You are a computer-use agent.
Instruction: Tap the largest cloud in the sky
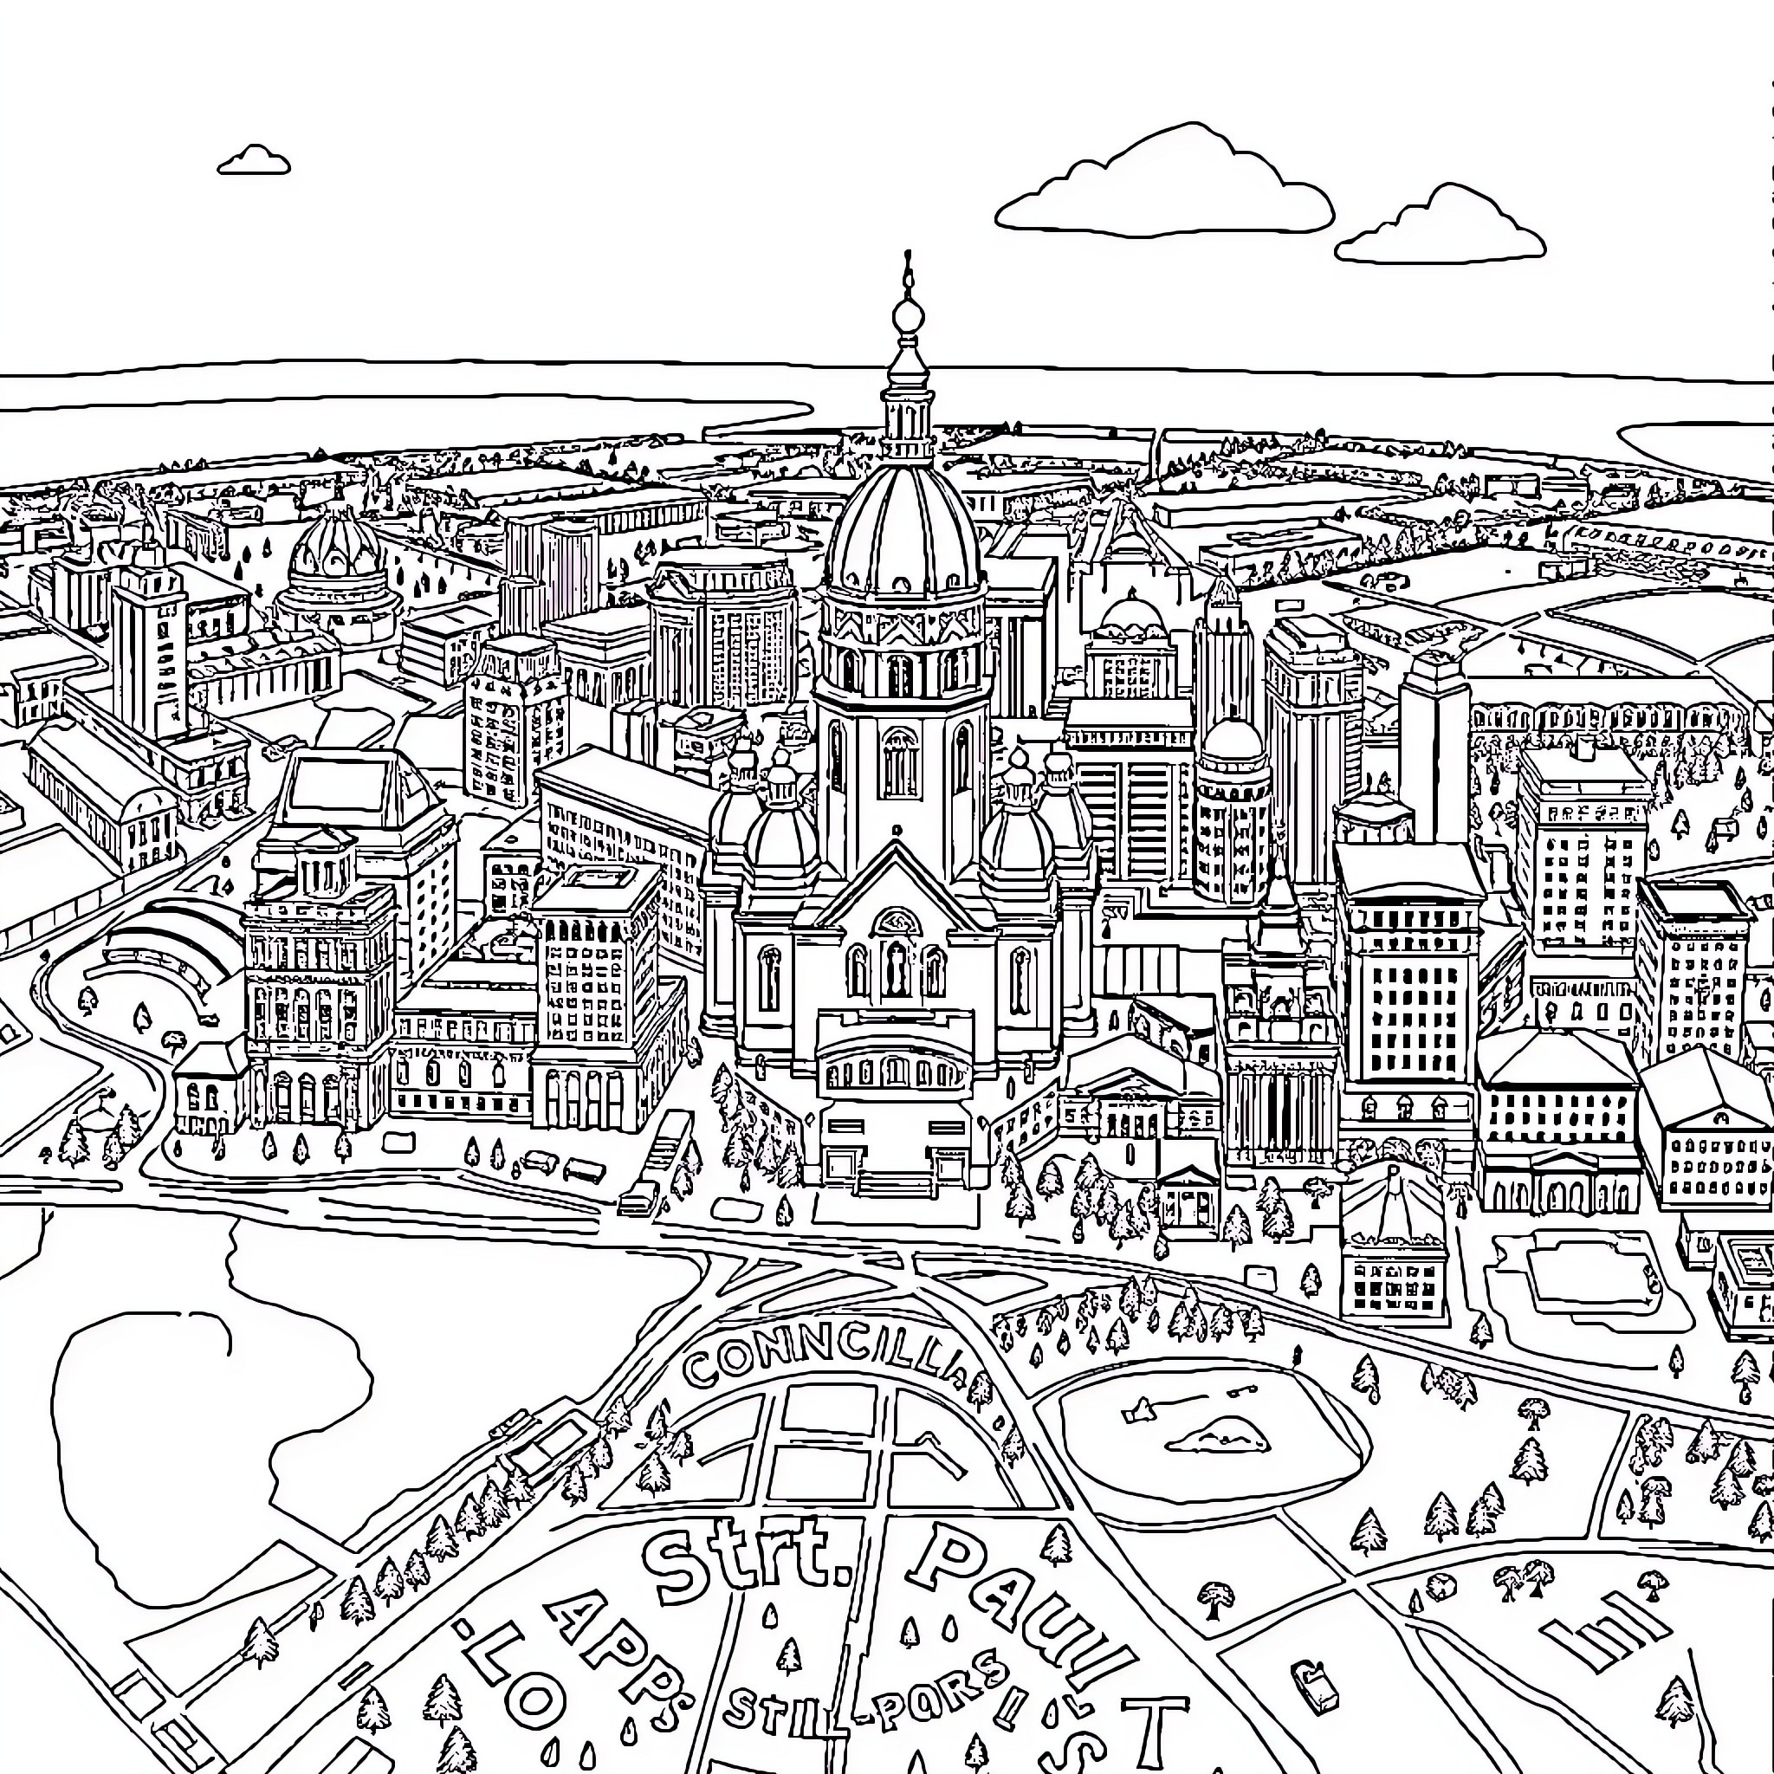[x=1163, y=190]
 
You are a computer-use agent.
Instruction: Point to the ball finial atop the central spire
[x=907, y=316]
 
